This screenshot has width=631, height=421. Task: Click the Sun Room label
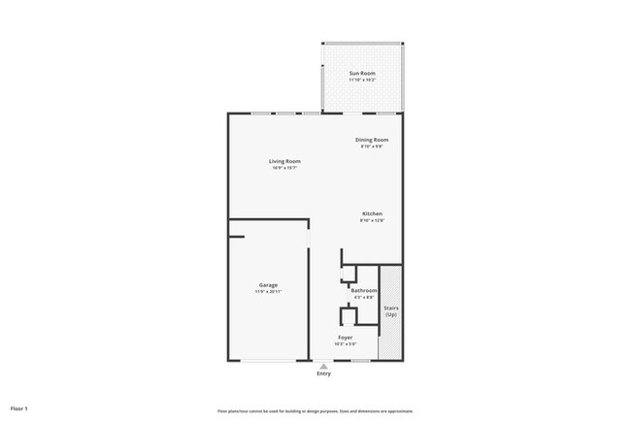coord(362,74)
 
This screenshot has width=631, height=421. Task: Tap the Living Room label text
coord(284,161)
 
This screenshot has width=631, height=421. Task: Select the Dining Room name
coord(372,141)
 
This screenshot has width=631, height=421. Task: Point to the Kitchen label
coord(372,213)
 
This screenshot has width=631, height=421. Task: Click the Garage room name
coord(268,285)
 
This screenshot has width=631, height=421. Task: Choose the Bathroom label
coord(364,290)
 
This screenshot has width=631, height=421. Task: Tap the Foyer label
coord(345,337)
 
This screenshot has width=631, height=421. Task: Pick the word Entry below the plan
coord(323,373)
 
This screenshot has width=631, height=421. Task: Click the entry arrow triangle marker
coord(323,366)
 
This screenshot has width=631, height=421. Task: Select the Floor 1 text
coord(19,408)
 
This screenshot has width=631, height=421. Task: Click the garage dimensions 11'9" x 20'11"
coord(268,292)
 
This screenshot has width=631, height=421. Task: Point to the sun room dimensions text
coord(362,81)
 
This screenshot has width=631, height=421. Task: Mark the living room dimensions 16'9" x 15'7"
coord(284,168)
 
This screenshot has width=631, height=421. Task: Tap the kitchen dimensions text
coord(372,220)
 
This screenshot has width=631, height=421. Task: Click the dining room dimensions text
coord(372,147)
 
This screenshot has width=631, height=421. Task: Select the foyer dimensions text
coord(345,343)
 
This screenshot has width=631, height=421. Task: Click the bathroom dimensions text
coord(364,297)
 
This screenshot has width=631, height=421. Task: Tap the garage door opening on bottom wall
coord(268,362)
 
